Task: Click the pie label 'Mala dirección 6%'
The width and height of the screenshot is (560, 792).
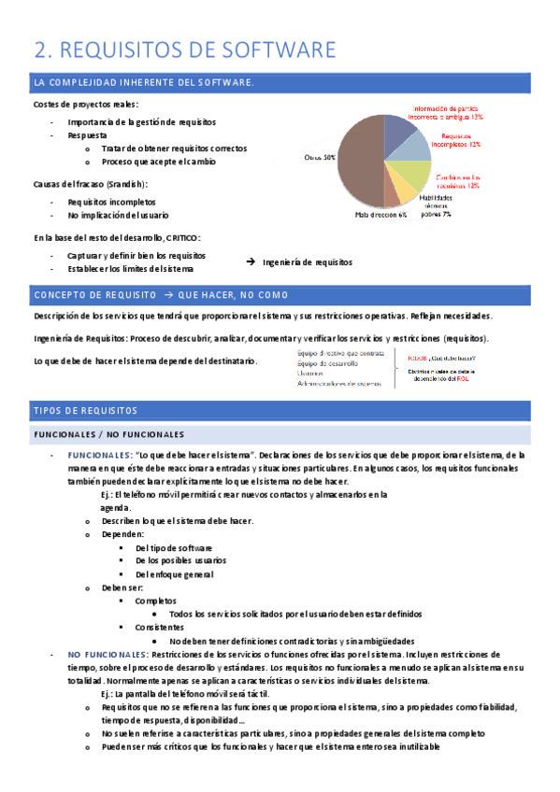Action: click(381, 215)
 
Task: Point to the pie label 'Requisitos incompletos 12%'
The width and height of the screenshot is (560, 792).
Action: click(461, 140)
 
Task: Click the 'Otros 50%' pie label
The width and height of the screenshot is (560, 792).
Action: click(320, 158)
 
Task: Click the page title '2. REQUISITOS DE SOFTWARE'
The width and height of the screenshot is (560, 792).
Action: click(184, 49)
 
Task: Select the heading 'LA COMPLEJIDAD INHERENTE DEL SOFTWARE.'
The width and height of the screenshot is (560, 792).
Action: click(143, 83)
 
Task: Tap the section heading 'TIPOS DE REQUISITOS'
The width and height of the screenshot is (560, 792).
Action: click(85, 411)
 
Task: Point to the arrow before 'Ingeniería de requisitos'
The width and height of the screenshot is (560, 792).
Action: click(250, 262)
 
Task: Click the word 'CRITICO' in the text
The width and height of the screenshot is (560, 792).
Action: click(183, 237)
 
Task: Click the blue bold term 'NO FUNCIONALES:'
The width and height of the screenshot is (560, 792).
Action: click(100, 655)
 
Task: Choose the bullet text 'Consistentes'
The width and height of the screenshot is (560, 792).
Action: click(160, 628)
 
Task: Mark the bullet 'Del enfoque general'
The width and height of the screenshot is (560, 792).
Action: click(175, 573)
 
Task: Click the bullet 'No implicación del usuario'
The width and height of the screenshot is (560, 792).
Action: click(118, 215)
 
